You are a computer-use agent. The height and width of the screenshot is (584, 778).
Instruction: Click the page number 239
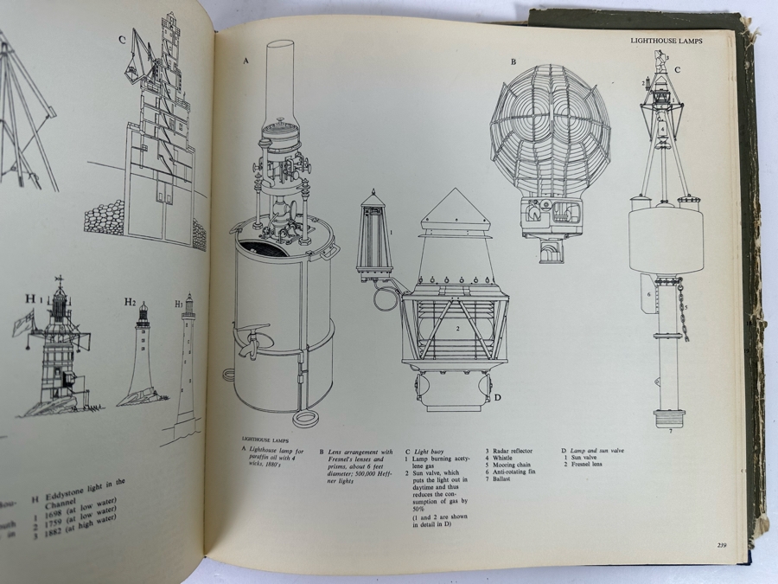(x=721, y=544)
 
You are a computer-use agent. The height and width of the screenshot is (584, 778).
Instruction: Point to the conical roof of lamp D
(x=456, y=210)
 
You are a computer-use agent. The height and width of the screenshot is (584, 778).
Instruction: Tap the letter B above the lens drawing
(x=513, y=61)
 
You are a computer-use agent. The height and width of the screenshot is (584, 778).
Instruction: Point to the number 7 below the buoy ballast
(x=669, y=430)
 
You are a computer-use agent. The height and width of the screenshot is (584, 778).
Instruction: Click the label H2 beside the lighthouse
(x=130, y=302)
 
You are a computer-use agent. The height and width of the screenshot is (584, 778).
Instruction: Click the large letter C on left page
(x=123, y=39)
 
